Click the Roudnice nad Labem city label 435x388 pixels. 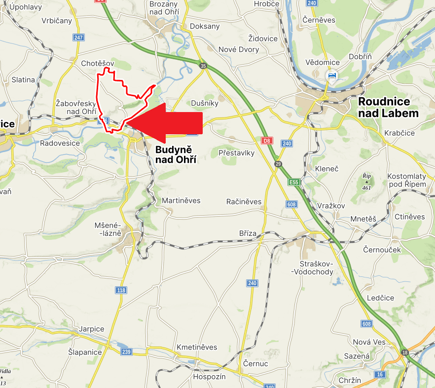[388, 107]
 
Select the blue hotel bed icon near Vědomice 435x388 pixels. [332, 76]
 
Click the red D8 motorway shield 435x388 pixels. [267, 141]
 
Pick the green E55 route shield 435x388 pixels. [294, 182]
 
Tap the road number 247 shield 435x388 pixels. [78, 38]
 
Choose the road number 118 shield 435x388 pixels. [121, 290]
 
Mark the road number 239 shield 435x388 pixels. [126, 351]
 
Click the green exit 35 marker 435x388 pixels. [203, 65]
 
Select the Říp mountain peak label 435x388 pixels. [366, 181]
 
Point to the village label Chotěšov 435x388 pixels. [98, 63]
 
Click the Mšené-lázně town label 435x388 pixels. [108, 229]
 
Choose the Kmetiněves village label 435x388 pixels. [197, 347]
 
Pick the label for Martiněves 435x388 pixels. [181, 201]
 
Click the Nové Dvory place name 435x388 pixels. [239, 49]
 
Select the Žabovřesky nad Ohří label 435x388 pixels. [75, 107]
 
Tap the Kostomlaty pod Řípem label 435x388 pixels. [406, 180]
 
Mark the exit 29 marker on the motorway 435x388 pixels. [278, 164]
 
